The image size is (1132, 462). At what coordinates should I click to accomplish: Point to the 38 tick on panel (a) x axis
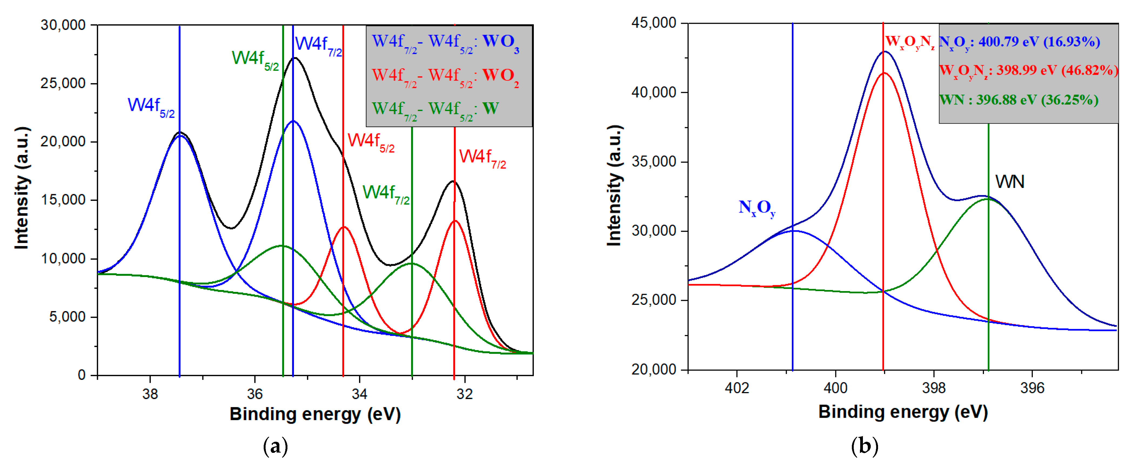(x=150, y=393)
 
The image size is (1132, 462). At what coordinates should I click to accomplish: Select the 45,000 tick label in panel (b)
(x=654, y=23)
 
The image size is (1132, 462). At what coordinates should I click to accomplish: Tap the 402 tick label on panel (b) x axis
(x=737, y=388)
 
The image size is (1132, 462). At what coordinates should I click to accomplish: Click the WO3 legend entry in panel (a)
(x=445, y=43)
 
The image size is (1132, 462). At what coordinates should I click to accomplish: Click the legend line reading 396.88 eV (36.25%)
(x=1019, y=100)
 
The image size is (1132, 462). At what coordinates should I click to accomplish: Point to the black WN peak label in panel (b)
(x=1009, y=181)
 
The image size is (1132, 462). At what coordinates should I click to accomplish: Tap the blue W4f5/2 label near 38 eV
(x=151, y=106)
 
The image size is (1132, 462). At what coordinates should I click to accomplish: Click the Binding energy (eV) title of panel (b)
(x=903, y=412)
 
